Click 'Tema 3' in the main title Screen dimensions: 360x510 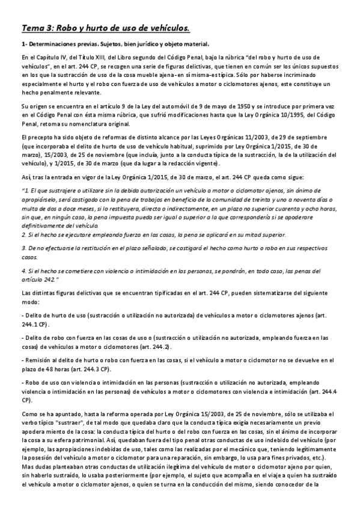coord(38,28)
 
